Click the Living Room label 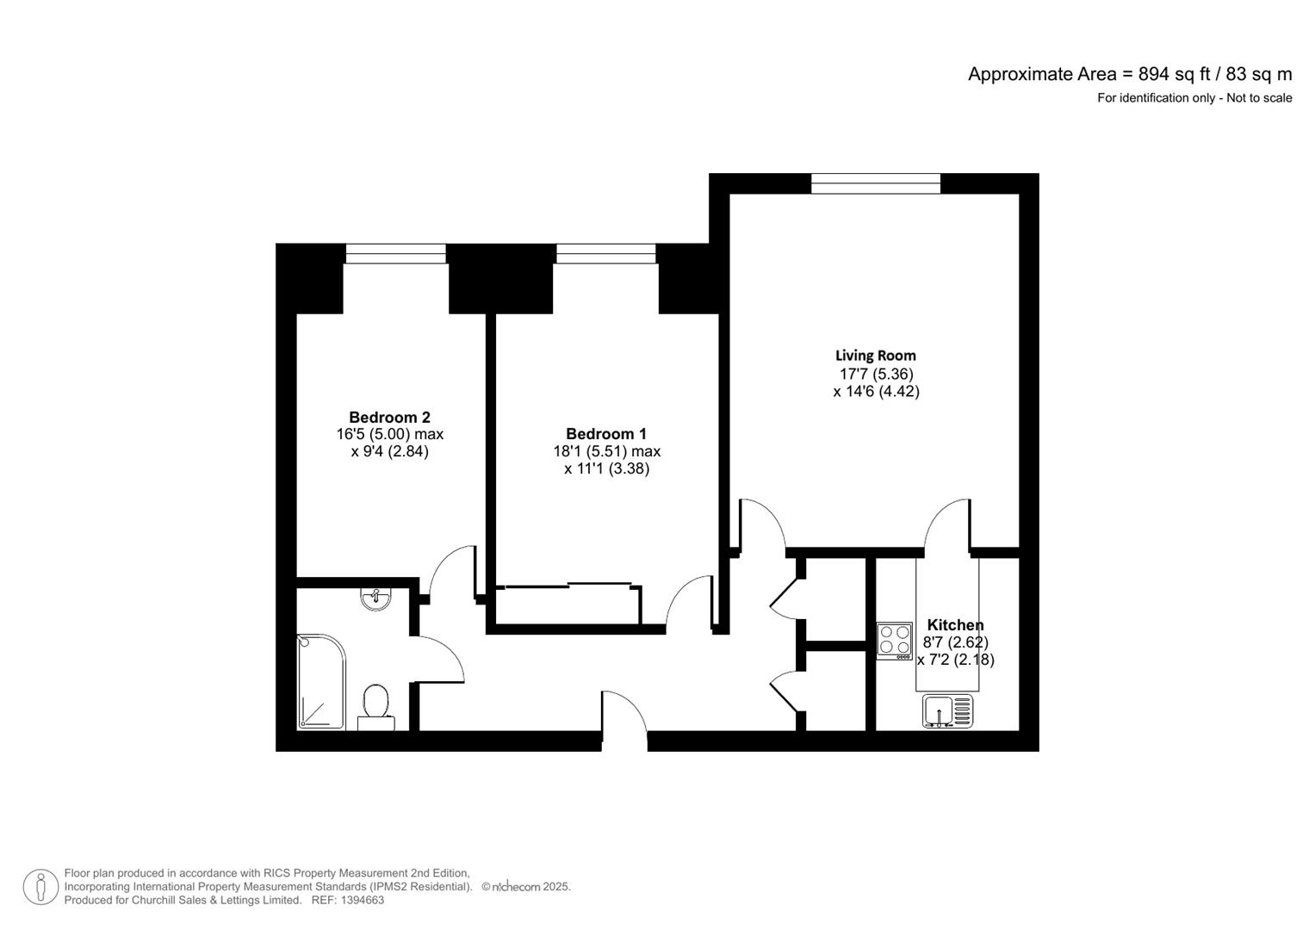875,355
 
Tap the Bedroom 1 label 605,434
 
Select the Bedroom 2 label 389,417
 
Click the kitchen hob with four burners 894,641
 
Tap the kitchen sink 947,711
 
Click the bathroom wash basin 376,598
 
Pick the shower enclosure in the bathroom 320,682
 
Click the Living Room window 875,183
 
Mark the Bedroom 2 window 395,253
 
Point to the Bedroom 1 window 605,253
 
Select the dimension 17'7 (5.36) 876,374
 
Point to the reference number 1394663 362,900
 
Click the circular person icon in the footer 40,887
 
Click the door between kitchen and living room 947,525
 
